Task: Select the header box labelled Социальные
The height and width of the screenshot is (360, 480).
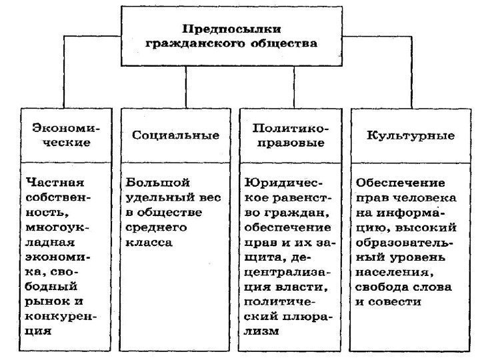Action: click(175, 135)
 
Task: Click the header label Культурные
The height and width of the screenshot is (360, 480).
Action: click(411, 135)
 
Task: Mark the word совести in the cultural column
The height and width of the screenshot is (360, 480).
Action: click(398, 301)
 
